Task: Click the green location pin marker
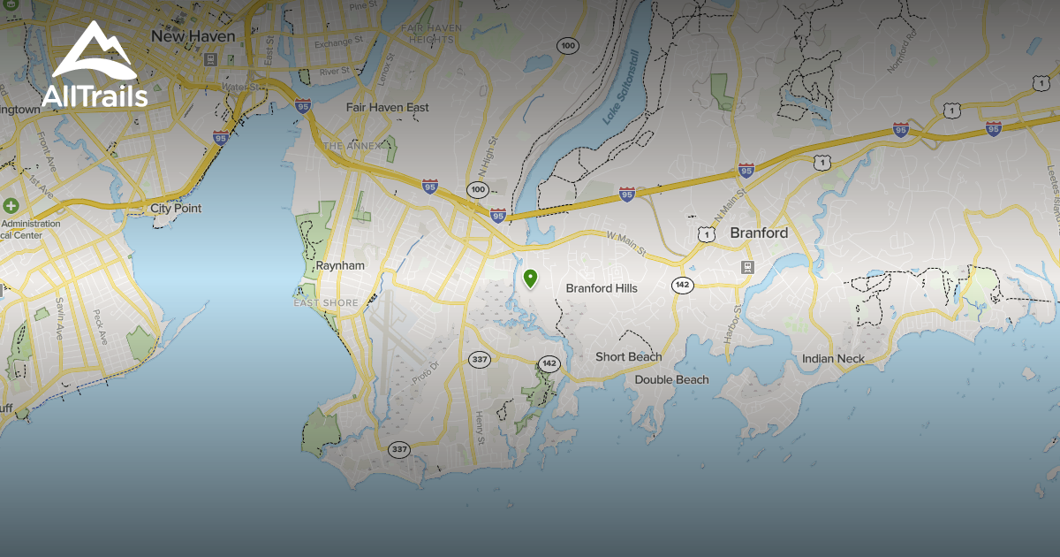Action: [530, 279]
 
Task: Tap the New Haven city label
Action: [193, 36]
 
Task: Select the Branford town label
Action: [759, 233]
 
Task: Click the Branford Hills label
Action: [602, 288]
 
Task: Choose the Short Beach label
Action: [628, 357]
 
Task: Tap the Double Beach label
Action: [671, 380]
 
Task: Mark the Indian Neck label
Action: [833, 359]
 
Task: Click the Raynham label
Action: [340, 265]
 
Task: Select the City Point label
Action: [176, 209]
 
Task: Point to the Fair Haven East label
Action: [387, 108]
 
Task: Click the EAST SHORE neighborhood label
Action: [327, 303]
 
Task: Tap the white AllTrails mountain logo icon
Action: [94, 55]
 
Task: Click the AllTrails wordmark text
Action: [95, 96]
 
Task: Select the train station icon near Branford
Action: [748, 266]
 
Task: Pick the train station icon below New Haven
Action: [210, 60]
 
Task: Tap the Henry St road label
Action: [480, 428]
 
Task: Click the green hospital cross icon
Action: [11, 205]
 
